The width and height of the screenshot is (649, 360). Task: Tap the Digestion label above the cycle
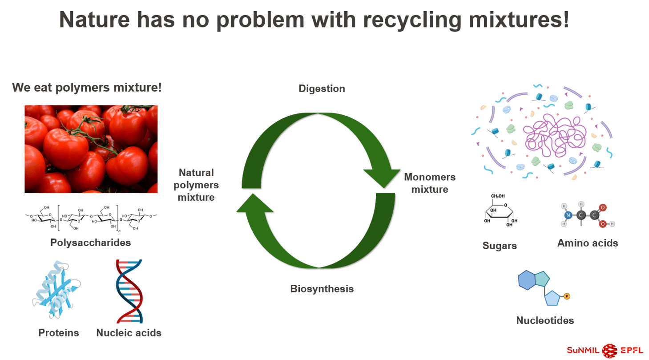[322, 89]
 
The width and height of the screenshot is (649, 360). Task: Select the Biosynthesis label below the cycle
[322, 289]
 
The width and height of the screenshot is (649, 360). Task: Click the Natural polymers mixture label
[196, 185]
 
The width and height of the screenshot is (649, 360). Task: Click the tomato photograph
[91, 149]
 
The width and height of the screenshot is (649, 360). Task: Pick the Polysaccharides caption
[90, 243]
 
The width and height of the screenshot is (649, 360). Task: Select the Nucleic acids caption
[129, 332]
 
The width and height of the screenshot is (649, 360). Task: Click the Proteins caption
[59, 332]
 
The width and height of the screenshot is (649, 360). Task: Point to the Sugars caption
[500, 246]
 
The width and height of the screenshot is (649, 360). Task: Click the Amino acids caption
[587, 243]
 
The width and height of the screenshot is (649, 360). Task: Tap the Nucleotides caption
[545, 320]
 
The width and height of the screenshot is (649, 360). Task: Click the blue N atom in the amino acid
[568, 216]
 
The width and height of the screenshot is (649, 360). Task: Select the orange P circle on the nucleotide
[567, 296]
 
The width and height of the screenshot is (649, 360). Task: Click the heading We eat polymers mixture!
[87, 87]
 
